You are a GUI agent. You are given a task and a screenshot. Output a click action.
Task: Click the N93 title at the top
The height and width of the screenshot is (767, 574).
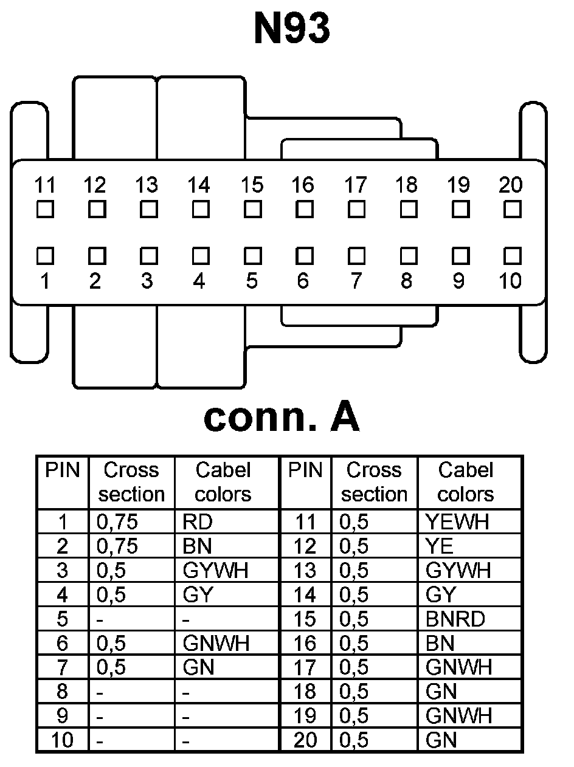point(292,29)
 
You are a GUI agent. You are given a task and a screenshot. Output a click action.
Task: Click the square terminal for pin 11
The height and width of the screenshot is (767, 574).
point(44,210)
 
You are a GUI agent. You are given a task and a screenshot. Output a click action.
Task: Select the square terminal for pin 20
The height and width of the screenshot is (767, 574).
point(513,210)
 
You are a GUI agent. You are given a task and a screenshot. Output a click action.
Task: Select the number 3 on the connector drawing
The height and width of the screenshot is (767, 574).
point(147,281)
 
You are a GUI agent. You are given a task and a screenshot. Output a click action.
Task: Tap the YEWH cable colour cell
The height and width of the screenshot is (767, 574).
point(457,522)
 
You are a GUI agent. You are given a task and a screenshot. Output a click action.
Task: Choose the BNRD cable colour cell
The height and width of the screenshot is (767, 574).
point(455,619)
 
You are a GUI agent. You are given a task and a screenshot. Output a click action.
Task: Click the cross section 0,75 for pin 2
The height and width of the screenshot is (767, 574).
point(117,546)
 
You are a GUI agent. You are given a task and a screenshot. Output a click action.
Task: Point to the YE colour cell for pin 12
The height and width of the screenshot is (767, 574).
point(440,546)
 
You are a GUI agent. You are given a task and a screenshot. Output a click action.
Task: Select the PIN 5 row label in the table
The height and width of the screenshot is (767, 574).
point(63,619)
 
